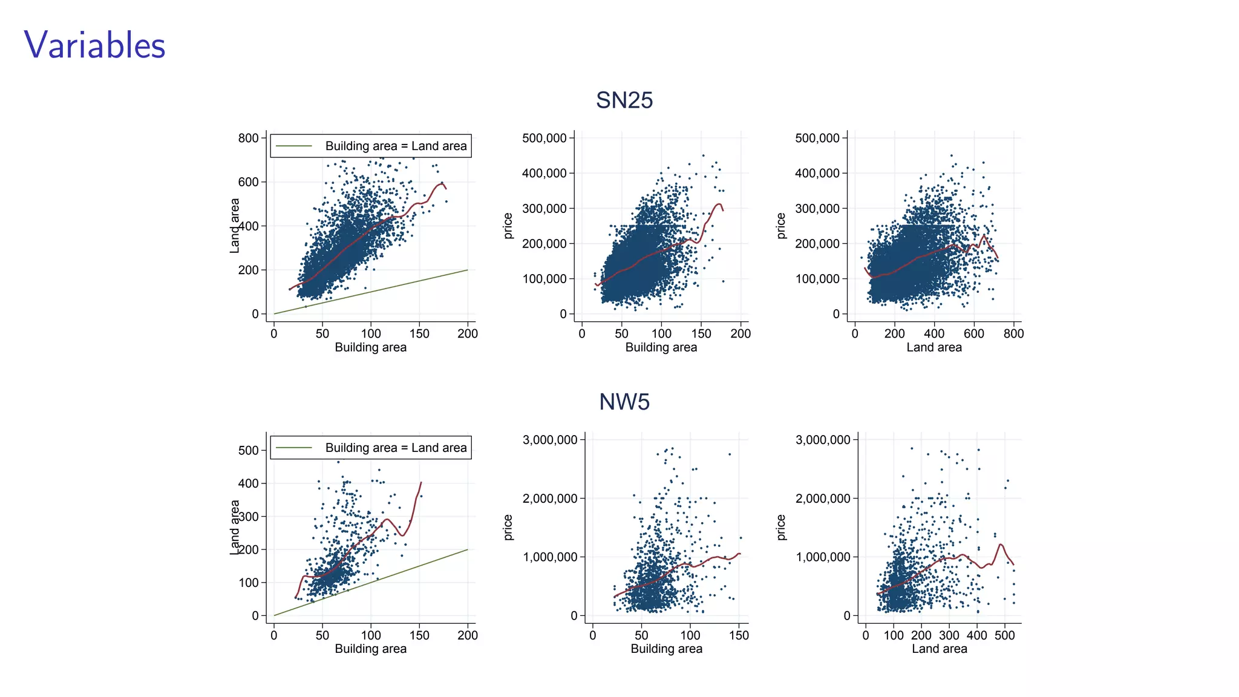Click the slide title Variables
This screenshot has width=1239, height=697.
point(94,45)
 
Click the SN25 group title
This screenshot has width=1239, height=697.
point(624,100)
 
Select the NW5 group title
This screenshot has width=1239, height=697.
point(624,402)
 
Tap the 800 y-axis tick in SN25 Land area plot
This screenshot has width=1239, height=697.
point(248,138)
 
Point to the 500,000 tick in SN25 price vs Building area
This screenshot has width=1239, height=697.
point(544,138)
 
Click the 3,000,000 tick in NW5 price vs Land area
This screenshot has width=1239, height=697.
point(823,440)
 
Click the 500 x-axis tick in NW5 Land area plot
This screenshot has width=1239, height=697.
point(1004,635)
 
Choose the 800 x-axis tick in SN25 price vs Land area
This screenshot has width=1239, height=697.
point(1013,333)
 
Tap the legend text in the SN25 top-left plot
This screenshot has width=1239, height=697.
point(396,146)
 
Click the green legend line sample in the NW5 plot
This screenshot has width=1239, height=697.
point(294,448)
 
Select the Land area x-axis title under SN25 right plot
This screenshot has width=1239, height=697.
point(933,347)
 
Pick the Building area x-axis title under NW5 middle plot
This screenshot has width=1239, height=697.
point(666,649)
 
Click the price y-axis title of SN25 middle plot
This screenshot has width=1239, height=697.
point(508,226)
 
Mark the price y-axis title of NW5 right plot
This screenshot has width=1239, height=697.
point(781,527)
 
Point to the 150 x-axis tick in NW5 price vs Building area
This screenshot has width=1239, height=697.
point(739,635)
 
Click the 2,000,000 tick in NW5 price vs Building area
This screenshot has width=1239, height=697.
point(550,499)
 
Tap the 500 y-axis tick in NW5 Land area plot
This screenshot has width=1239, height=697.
point(248,450)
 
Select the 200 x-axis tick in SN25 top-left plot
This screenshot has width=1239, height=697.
point(467,333)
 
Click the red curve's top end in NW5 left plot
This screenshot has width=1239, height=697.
point(421,482)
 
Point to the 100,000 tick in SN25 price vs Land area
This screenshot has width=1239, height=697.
point(817,279)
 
